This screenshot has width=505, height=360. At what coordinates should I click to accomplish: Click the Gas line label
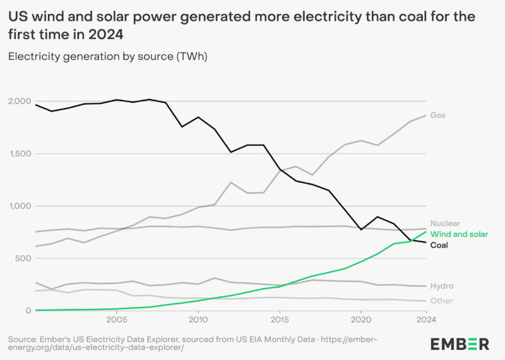pos(438,116)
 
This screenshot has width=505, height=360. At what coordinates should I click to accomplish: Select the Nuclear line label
pos(445,223)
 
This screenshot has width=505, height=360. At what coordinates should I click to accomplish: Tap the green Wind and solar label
pos(459,234)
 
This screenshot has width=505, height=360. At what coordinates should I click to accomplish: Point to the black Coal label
pos(439,245)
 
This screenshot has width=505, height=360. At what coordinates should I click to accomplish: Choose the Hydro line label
pos(442,286)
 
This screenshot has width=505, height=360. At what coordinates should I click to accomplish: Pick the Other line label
pos(441,301)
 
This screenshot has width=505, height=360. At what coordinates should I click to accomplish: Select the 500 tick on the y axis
pos(24,259)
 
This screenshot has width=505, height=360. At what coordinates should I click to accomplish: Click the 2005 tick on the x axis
pos(117,320)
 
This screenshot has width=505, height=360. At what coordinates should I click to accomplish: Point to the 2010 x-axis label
pos(198,320)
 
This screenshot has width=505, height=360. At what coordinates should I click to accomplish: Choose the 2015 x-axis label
pos(280,320)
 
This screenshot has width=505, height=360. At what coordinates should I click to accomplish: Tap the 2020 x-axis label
pos(361,320)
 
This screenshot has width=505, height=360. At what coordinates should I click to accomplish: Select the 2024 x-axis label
pos(426,320)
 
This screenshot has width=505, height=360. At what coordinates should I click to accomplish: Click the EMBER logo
pos(460,344)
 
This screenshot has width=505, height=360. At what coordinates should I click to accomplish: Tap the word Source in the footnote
pos(22,340)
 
